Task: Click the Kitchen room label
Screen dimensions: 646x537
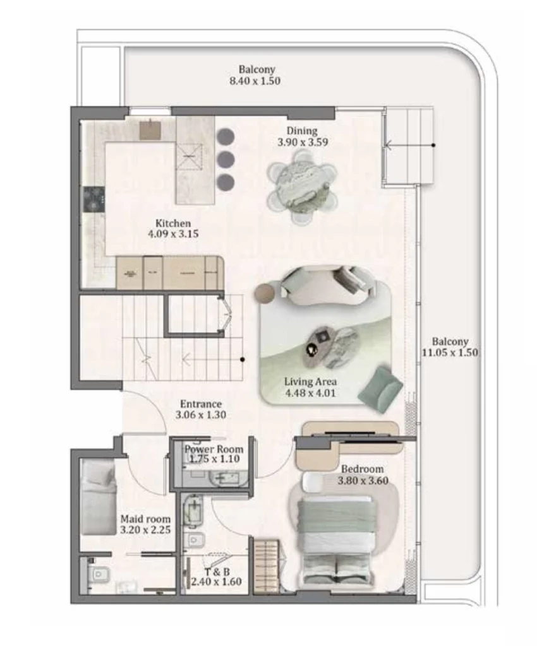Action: [x=173, y=223]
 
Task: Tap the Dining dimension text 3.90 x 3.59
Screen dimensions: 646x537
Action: [x=302, y=143]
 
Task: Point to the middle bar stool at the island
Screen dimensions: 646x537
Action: [x=226, y=159]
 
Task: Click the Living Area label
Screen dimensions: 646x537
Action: [x=310, y=382]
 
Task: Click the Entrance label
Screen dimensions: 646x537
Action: [x=200, y=404]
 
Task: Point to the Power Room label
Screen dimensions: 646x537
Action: [x=214, y=449]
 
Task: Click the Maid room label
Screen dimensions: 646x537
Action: [x=145, y=519]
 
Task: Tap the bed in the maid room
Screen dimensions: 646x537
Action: [x=99, y=496]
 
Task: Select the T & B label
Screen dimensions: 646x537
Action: [x=217, y=571]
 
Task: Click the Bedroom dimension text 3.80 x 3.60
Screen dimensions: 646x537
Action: [x=364, y=480]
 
